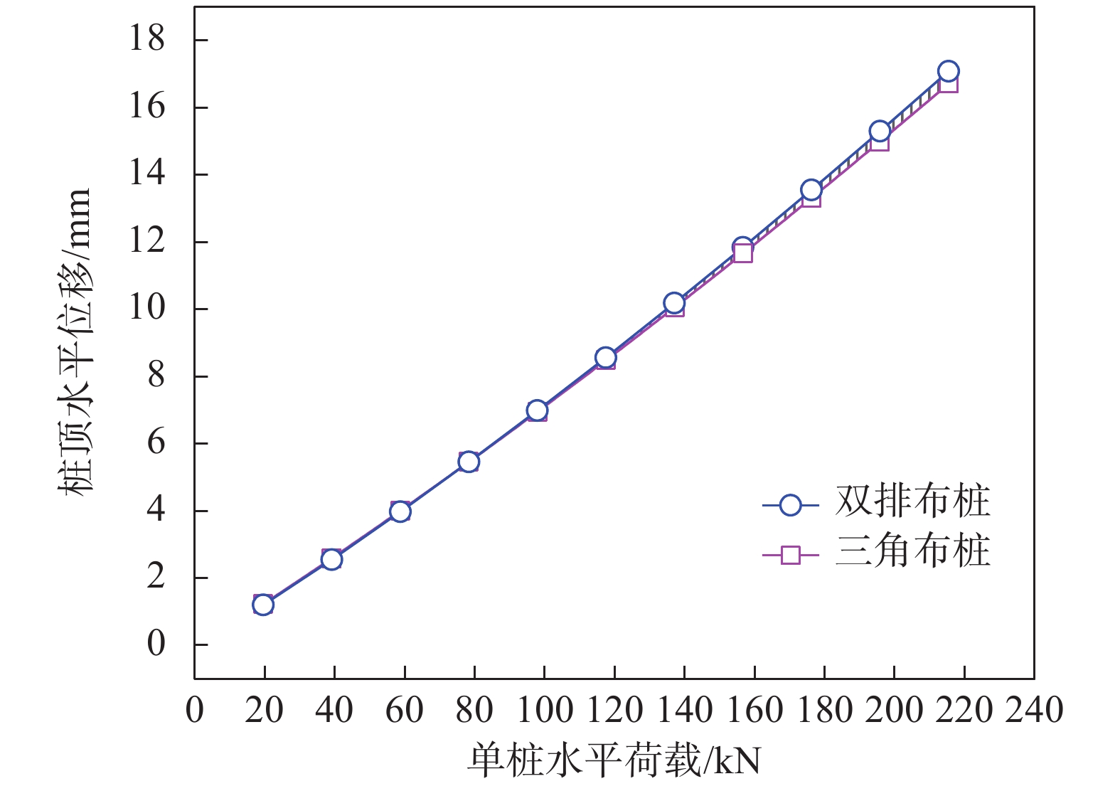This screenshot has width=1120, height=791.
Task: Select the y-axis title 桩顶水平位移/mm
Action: click(74, 341)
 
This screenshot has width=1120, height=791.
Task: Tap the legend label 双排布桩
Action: click(912, 502)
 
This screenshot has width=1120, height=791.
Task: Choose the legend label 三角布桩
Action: click(912, 552)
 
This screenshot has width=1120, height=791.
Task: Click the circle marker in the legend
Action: click(790, 505)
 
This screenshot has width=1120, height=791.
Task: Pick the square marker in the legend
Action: click(790, 554)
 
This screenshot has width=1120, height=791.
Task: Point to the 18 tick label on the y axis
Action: click(146, 38)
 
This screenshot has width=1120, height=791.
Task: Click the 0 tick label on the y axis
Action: click(156, 644)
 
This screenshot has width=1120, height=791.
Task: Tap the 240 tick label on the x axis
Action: click(1033, 711)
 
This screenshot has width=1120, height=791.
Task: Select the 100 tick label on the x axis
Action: click(544, 711)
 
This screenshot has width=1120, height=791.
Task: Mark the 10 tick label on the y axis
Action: click(146, 308)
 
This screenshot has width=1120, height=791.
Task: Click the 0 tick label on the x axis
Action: click(194, 711)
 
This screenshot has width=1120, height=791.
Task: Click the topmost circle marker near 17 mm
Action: click(948, 71)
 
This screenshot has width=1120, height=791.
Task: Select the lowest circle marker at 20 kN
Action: click(263, 605)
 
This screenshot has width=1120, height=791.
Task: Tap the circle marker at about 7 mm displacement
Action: click(537, 410)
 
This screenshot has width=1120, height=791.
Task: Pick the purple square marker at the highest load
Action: click(949, 84)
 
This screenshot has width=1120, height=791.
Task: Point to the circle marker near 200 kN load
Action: click(880, 132)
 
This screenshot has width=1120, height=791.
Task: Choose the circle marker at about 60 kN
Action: click(400, 511)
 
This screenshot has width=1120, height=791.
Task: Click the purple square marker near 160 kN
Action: click(743, 253)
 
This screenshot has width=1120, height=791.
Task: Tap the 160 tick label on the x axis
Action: click(754, 711)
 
